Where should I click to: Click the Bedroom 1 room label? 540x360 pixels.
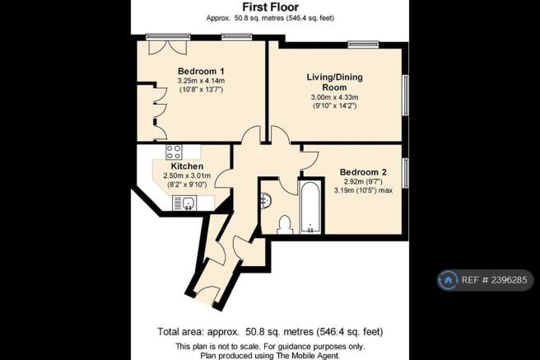(x=201, y=72)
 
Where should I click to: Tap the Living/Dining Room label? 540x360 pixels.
(x=334, y=82)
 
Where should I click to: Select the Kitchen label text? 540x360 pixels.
(x=187, y=166)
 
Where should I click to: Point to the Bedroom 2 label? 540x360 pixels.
(x=363, y=172)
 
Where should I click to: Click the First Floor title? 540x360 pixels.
(x=270, y=7)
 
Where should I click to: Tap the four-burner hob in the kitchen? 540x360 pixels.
(x=174, y=152)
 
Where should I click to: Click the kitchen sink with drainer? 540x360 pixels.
(x=184, y=203)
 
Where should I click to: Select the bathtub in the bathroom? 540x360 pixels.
(x=310, y=208)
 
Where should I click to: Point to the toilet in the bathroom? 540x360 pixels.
(x=285, y=225)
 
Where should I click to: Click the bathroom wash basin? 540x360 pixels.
(x=267, y=200)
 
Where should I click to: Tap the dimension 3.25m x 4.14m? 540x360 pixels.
(x=201, y=81)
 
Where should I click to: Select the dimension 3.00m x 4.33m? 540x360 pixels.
(x=334, y=97)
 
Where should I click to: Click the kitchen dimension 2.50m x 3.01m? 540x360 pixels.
(x=187, y=175)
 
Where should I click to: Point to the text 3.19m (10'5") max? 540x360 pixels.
(x=363, y=190)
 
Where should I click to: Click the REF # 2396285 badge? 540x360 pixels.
(x=485, y=280)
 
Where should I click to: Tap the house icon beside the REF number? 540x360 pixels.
(x=448, y=280)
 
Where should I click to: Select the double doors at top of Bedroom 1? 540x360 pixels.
(x=168, y=48)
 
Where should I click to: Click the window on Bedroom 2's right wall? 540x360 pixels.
(x=405, y=173)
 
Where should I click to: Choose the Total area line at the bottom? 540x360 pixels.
(x=270, y=332)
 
